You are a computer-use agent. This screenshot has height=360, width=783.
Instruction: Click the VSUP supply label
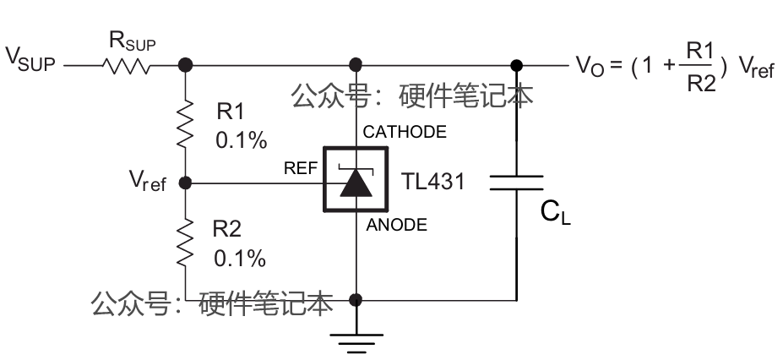[30, 59]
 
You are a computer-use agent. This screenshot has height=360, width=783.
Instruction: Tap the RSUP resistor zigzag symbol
[127, 64]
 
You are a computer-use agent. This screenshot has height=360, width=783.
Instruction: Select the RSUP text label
[132, 40]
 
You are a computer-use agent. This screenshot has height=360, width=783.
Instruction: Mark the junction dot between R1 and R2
[186, 182]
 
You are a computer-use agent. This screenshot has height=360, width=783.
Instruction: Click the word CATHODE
[405, 133]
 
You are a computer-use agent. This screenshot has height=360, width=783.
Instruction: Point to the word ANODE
[396, 225]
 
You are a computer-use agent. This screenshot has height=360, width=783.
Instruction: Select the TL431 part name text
[434, 182]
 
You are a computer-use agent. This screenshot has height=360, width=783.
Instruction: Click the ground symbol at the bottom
[356, 341]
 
